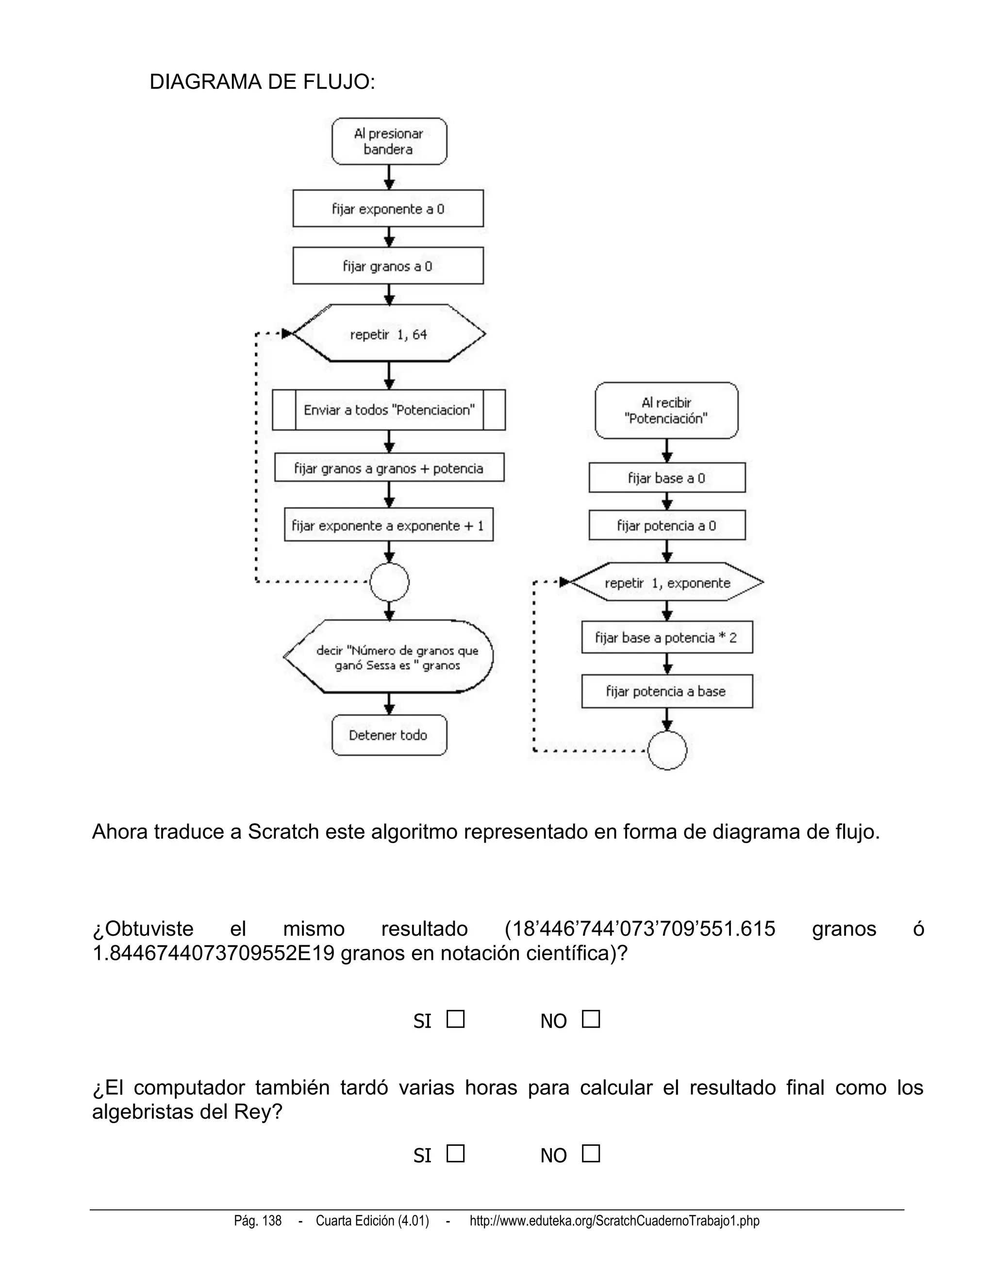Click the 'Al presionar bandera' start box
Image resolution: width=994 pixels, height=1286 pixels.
[x=389, y=141]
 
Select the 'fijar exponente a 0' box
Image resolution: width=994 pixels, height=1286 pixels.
[x=388, y=209]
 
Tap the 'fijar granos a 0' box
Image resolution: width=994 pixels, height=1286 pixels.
[x=388, y=266]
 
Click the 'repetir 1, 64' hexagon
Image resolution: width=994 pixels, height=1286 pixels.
[x=389, y=334]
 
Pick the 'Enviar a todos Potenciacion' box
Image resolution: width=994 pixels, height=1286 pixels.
[x=389, y=410]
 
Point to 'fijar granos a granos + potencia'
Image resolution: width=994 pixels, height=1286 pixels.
[x=389, y=468]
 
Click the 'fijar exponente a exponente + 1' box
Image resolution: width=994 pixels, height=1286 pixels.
[x=389, y=525]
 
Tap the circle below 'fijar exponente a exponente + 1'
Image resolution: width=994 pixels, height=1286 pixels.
[x=389, y=582]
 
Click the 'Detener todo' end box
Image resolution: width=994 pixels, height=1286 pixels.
[x=389, y=735]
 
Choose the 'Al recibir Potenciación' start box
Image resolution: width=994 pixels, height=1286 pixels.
[x=666, y=411]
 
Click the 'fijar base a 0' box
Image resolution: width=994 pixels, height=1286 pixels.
[x=666, y=478]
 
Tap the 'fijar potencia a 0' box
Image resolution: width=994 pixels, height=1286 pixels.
[x=666, y=525]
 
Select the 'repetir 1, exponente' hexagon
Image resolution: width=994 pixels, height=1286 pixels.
[x=667, y=582]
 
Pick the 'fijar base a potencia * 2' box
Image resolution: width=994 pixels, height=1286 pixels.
[x=666, y=637]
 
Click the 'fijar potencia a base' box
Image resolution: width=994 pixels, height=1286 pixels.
[x=666, y=691]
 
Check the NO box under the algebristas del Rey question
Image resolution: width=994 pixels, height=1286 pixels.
[x=591, y=1154]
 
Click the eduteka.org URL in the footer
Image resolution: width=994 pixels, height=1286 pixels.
[x=614, y=1221]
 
